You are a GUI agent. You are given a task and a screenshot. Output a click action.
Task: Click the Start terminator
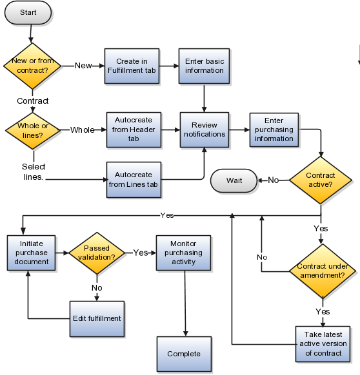[x=28, y=13]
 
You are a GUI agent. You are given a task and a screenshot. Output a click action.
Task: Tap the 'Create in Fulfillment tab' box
[x=132, y=66]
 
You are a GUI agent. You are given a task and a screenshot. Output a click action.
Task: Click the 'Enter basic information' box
[x=205, y=66]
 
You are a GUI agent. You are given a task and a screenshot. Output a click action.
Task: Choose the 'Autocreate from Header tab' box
[x=132, y=130]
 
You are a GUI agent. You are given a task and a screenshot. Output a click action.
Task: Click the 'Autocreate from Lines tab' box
[x=132, y=179]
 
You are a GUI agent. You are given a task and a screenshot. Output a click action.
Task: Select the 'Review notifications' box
[x=205, y=130]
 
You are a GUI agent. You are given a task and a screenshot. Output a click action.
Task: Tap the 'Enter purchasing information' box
[x=274, y=130]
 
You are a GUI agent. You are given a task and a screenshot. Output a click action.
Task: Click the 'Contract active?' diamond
[x=320, y=180]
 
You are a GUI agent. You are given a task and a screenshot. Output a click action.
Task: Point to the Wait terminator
[x=234, y=180]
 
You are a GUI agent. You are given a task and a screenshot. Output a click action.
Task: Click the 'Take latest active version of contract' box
[x=323, y=343]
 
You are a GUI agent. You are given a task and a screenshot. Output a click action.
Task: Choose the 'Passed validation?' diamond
[x=96, y=253]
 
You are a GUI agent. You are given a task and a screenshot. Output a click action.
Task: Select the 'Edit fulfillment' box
[x=96, y=318]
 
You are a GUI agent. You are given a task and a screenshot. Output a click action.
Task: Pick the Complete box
[x=183, y=354]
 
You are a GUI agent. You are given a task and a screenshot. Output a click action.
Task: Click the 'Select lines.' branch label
[x=33, y=171]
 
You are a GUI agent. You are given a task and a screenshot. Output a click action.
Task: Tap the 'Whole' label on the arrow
[x=82, y=130]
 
